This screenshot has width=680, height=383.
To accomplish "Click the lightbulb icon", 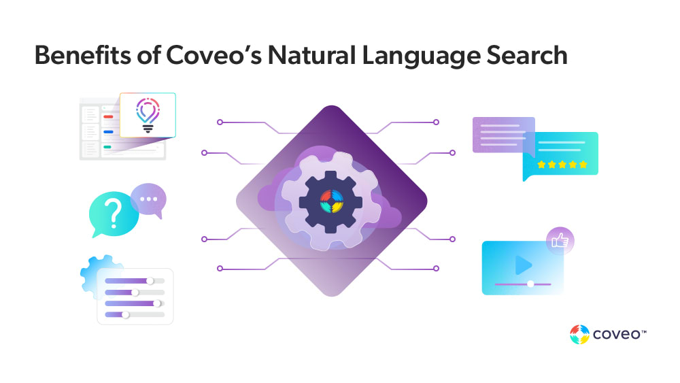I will [147, 114].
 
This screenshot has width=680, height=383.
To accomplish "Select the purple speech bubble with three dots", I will [148, 199].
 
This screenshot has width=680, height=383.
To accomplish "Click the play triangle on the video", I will [522, 265].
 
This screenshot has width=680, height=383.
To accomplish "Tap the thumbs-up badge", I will [560, 241].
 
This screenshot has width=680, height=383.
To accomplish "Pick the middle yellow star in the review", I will [562, 165].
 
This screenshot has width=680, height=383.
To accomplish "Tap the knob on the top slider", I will [150, 281].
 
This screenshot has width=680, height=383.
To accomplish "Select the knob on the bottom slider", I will [126, 315].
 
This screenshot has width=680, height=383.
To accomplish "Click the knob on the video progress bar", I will [530, 283].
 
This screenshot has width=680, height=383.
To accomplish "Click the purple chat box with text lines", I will [503, 134].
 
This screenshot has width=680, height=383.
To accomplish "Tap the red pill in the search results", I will [108, 117].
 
